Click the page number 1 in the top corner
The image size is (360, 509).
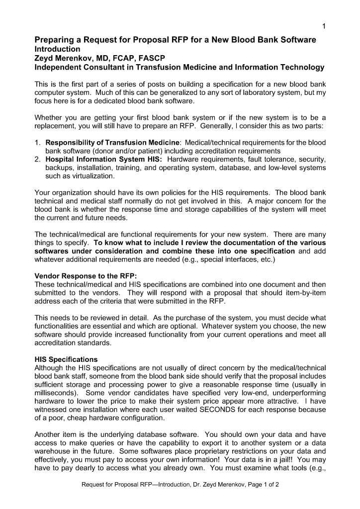pyautogui.click(x=324, y=26)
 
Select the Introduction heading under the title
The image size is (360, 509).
pyautogui.click(x=57, y=49)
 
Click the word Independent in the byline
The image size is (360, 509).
pyautogui.click(x=57, y=67)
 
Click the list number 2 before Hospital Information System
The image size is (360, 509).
pyautogui.click(x=37, y=159)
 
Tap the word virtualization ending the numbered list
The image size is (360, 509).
pyautogui.click(x=95, y=176)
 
